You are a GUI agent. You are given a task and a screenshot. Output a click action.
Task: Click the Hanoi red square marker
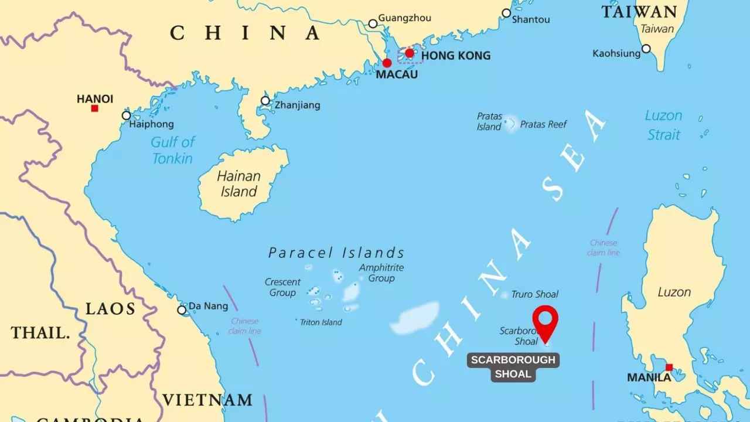[94, 108]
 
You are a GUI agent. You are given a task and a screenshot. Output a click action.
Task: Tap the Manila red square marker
[669, 367]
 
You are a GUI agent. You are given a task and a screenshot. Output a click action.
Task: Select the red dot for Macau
[387, 63]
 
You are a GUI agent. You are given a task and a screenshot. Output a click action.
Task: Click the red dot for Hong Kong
[410, 53]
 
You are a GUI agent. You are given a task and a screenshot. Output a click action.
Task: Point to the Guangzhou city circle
[373, 24]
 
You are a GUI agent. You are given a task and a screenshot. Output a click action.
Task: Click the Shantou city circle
[506, 13]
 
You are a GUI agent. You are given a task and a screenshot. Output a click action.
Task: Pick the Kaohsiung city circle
[646, 49]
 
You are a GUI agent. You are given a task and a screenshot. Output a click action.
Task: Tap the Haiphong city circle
[126, 115]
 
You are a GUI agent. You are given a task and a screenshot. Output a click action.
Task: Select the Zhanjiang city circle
[265, 101]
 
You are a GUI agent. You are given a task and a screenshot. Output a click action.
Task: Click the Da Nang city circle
[182, 310]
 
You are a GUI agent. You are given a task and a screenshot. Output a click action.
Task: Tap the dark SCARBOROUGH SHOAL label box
[513, 367]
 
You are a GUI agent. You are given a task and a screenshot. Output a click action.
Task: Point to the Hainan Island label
[238, 183]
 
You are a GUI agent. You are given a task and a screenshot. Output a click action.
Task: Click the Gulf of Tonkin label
[173, 150]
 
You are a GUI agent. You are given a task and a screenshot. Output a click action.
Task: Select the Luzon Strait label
[663, 125]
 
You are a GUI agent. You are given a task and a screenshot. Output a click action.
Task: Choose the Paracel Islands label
[336, 253]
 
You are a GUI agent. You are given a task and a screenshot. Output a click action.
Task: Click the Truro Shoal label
[534, 294]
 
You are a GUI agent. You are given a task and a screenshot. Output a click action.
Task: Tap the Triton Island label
[321, 322]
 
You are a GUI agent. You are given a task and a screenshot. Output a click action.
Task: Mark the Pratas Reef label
[543, 124]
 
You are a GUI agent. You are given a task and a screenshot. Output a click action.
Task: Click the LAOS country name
[111, 309]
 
